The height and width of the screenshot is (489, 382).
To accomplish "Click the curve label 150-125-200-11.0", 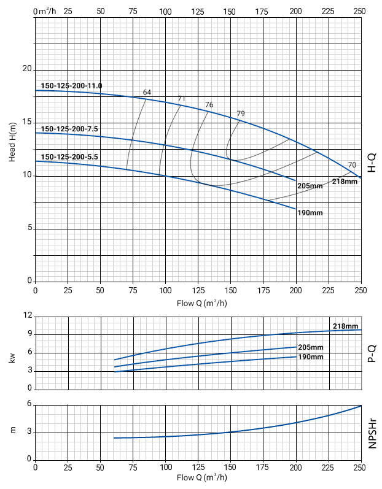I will pos(71,85).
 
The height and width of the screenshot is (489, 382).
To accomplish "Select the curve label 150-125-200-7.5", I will pos(69,128).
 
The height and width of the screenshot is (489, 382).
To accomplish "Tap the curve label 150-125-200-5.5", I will pos(69,157).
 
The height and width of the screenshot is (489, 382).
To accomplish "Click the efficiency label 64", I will pos(147,93).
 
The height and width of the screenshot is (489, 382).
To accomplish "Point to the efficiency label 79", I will pos(241,114).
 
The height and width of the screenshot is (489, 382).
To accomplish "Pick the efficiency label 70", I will pos(352,165).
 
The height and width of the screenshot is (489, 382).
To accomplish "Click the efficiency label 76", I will pos(209,105).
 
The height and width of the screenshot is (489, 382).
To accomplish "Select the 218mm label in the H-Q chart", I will pos(345,182).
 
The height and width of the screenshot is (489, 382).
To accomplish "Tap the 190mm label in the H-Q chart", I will pos(310,213).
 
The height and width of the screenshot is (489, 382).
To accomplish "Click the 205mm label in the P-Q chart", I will pos(310,347).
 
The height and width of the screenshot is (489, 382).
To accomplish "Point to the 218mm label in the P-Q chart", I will pos(345,326).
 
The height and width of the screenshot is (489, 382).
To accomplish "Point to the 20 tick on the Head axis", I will pos(26,69).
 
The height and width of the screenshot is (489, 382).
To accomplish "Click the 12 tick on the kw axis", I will pos(28,315).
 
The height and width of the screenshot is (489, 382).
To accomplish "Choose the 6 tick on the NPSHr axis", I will pos(29,404).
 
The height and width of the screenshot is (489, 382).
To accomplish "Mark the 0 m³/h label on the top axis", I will pos(45,11).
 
